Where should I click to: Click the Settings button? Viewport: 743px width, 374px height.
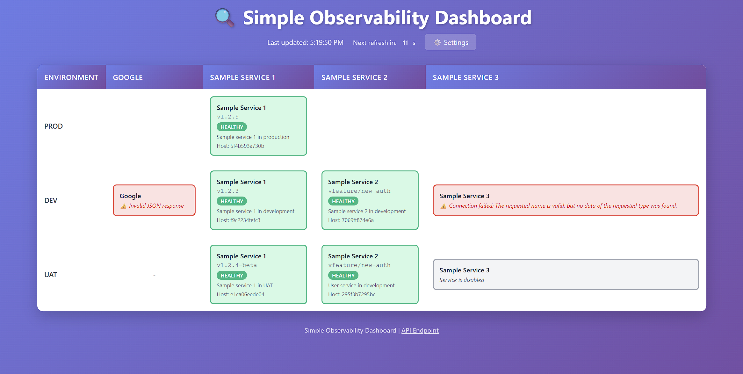pyautogui.click(x=450, y=42)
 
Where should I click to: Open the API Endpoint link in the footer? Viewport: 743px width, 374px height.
pyautogui.click(x=420, y=330)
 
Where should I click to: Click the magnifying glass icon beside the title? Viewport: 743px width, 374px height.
pyautogui.click(x=225, y=18)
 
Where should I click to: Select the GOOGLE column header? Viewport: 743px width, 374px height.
pyautogui.click(x=128, y=77)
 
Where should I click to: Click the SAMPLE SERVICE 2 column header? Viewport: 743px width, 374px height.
pyautogui.click(x=354, y=77)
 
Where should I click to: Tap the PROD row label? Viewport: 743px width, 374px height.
pyautogui.click(x=54, y=126)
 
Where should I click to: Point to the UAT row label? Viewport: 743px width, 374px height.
pyautogui.click(x=51, y=275)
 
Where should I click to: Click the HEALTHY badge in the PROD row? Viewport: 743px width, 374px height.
pyautogui.click(x=232, y=127)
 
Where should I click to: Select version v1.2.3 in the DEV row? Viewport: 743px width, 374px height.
pyautogui.click(x=227, y=191)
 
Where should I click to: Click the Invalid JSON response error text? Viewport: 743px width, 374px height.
pyautogui.click(x=156, y=206)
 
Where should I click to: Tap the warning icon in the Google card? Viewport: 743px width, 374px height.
pyautogui.click(x=123, y=206)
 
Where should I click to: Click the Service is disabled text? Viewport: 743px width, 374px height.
pyautogui.click(x=462, y=280)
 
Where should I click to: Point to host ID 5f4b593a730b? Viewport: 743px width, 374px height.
pyautogui.click(x=247, y=146)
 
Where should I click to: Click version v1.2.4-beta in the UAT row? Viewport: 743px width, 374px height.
pyautogui.click(x=237, y=265)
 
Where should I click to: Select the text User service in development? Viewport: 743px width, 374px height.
pyautogui.click(x=361, y=285)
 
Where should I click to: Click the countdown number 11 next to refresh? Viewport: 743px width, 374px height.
pyautogui.click(x=405, y=43)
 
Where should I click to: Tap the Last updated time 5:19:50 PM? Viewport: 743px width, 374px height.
pyautogui.click(x=327, y=42)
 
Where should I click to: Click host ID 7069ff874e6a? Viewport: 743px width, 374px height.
pyautogui.click(x=358, y=220)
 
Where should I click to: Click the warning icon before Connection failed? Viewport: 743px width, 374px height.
pyautogui.click(x=443, y=206)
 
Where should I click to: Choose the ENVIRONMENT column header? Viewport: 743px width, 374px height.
pyautogui.click(x=71, y=77)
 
